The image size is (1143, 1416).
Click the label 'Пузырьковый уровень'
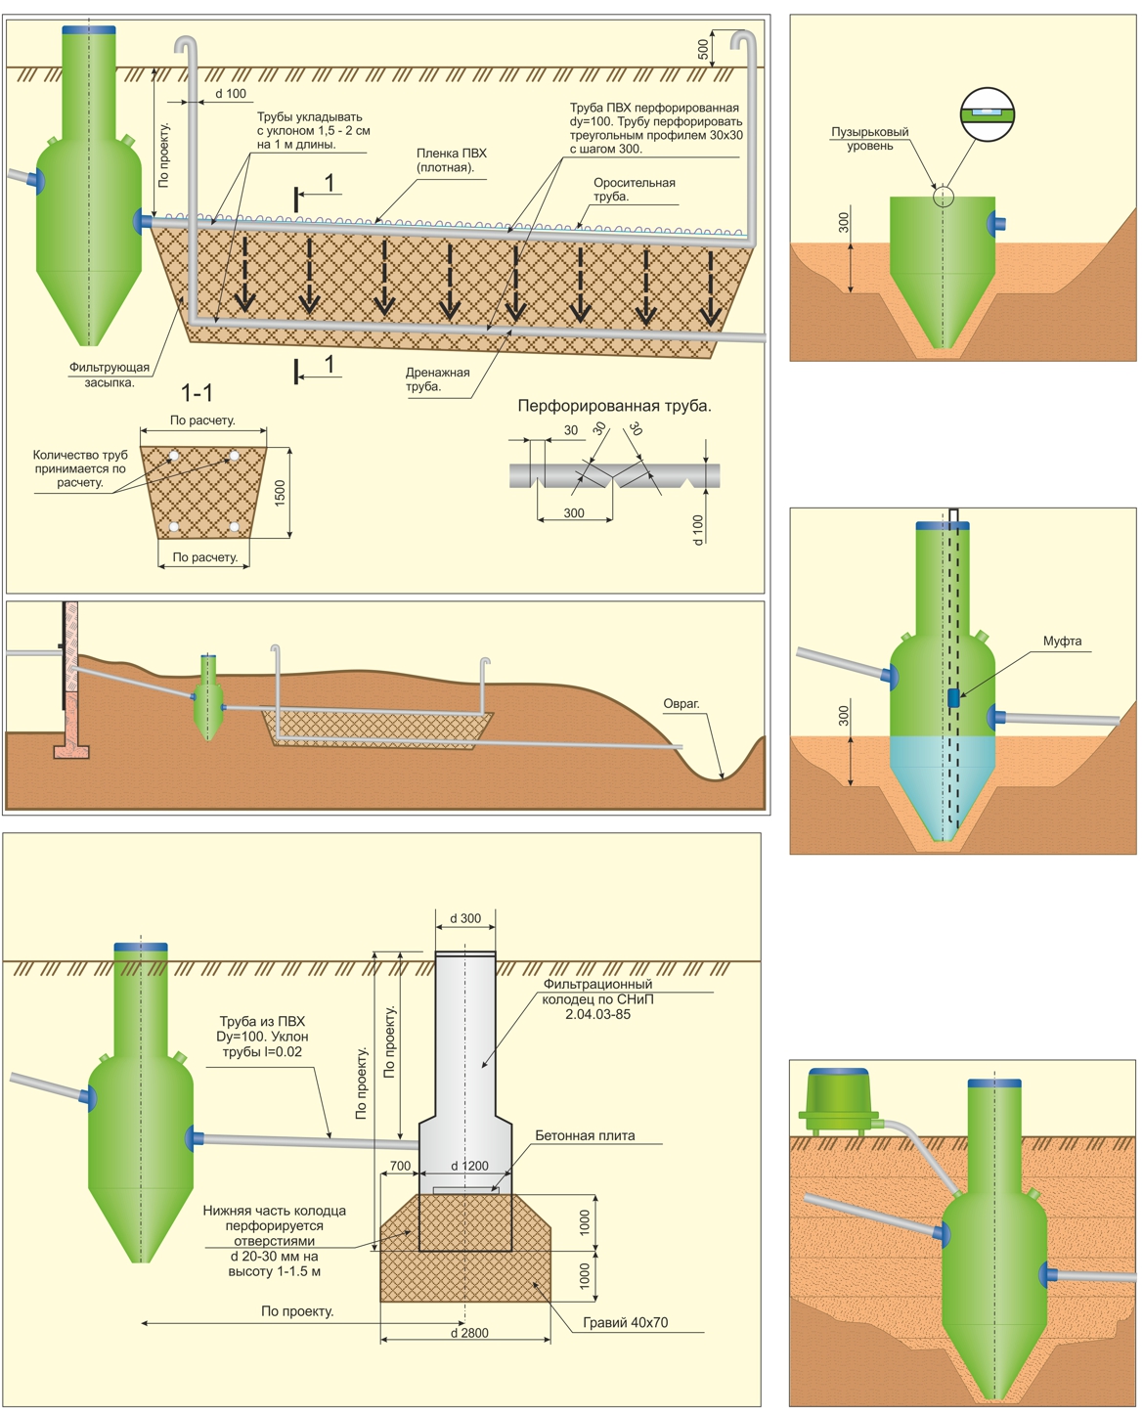coord(869,139)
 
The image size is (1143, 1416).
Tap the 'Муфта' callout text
coord(1062,642)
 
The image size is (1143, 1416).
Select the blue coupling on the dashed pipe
coord(953,697)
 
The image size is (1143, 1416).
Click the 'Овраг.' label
coord(681,704)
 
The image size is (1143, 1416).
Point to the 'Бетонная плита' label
coord(585,1136)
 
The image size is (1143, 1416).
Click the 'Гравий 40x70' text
coord(625,1323)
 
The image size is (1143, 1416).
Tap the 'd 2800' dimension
coord(469,1333)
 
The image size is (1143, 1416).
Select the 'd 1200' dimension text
coord(469,1166)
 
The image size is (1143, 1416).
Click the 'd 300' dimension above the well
coord(465,919)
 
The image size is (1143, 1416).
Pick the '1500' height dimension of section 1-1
coord(281,493)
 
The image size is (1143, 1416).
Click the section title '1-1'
coord(197,393)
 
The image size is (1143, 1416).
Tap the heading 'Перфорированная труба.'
coord(614,406)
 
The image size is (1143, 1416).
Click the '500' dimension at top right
coord(703,49)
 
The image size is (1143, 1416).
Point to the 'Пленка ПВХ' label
coord(451,160)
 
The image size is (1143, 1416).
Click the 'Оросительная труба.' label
coord(634,190)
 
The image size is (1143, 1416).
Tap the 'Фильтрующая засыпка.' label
coord(110,375)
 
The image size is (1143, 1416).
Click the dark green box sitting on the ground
coord(837,1100)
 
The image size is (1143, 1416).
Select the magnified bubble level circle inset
coord(988,114)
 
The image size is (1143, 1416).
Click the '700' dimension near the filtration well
coord(400,1166)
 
